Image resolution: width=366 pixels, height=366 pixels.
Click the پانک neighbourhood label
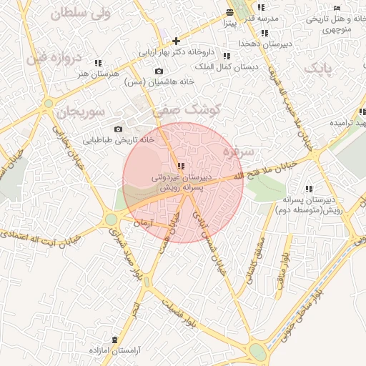pyautogui.click(x=318, y=68)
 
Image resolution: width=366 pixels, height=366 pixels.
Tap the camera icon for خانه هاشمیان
pyautogui.click(x=159, y=71)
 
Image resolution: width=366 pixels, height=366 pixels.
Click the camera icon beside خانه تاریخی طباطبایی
pyautogui.click(x=118, y=129)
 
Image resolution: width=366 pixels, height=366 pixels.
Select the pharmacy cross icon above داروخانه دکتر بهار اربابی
pyautogui.click(x=176, y=41)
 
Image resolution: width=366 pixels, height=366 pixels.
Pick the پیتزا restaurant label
pyautogui.click(x=227, y=23)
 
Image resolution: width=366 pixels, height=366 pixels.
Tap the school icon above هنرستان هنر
pyautogui.click(x=98, y=63)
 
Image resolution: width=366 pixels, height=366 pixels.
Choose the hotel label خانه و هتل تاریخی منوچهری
pyautogui.click(x=328, y=24)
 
